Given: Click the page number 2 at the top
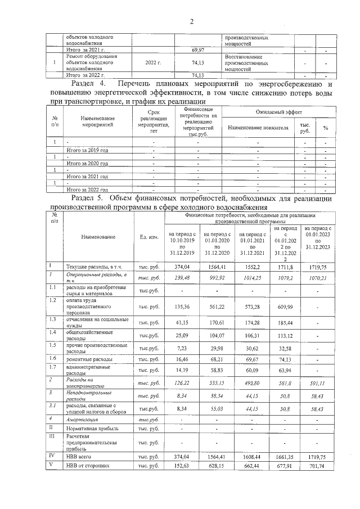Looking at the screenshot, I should (x=191, y=22).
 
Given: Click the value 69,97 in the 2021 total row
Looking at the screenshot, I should (x=197, y=51).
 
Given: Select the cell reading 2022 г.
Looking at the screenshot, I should (x=153, y=62).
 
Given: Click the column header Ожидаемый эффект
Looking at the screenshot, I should (x=274, y=114).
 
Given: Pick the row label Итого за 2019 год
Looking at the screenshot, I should (x=87, y=151).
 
